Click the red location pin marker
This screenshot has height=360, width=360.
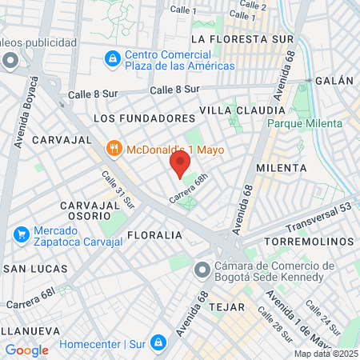pos(180,165)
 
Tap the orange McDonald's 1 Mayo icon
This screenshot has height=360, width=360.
pos(114,149)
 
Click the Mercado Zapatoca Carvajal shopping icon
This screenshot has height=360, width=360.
pos(22,234)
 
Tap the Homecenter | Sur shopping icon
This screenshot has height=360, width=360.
pos(159,342)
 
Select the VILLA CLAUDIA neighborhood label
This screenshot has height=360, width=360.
pos(242,110)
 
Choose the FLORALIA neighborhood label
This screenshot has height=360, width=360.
pos(154,235)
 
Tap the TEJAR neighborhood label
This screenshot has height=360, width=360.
pos(225,306)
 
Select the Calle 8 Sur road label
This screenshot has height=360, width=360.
pos(172,90)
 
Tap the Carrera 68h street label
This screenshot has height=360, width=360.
pos(192,189)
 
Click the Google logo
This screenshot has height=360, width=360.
pos(26,350)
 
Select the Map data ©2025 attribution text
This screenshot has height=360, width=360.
pos(325,354)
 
